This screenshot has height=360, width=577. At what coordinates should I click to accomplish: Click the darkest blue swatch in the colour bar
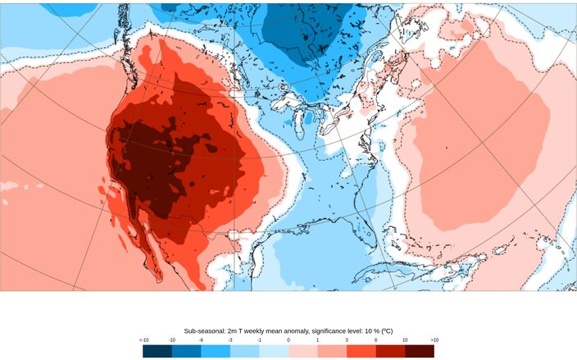click(x=158, y=350)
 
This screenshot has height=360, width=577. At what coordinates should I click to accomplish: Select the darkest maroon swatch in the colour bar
click(x=420, y=350)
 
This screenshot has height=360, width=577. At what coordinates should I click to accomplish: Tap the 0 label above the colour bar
click(x=288, y=339)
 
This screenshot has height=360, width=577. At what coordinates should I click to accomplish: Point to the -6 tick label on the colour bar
click(x=202, y=339)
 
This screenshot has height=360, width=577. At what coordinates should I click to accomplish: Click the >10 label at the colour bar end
click(x=434, y=339)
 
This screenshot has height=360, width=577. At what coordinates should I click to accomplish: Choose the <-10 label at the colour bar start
click(x=144, y=339)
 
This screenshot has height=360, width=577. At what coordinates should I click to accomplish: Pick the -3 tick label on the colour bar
click(x=230, y=339)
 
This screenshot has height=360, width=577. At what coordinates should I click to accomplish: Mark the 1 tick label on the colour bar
click(x=318, y=339)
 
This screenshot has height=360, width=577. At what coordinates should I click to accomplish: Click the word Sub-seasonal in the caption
click(x=207, y=326)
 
